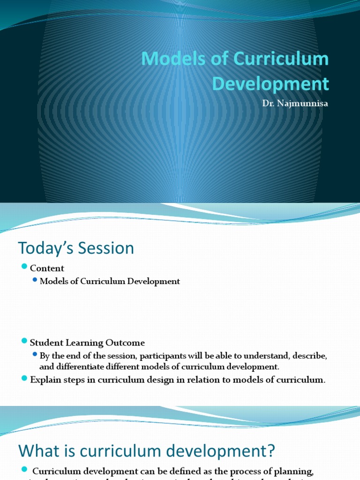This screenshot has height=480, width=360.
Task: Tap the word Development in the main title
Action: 270,83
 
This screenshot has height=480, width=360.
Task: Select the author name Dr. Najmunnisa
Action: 295,104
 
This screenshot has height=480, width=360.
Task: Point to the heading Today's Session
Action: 76,248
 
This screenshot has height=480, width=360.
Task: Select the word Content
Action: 47,269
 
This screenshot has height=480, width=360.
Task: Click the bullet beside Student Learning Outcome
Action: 25,341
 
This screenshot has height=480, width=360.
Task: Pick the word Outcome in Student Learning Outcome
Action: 128,343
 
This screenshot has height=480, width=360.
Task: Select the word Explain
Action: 45,380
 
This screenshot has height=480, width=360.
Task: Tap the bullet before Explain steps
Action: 25,378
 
